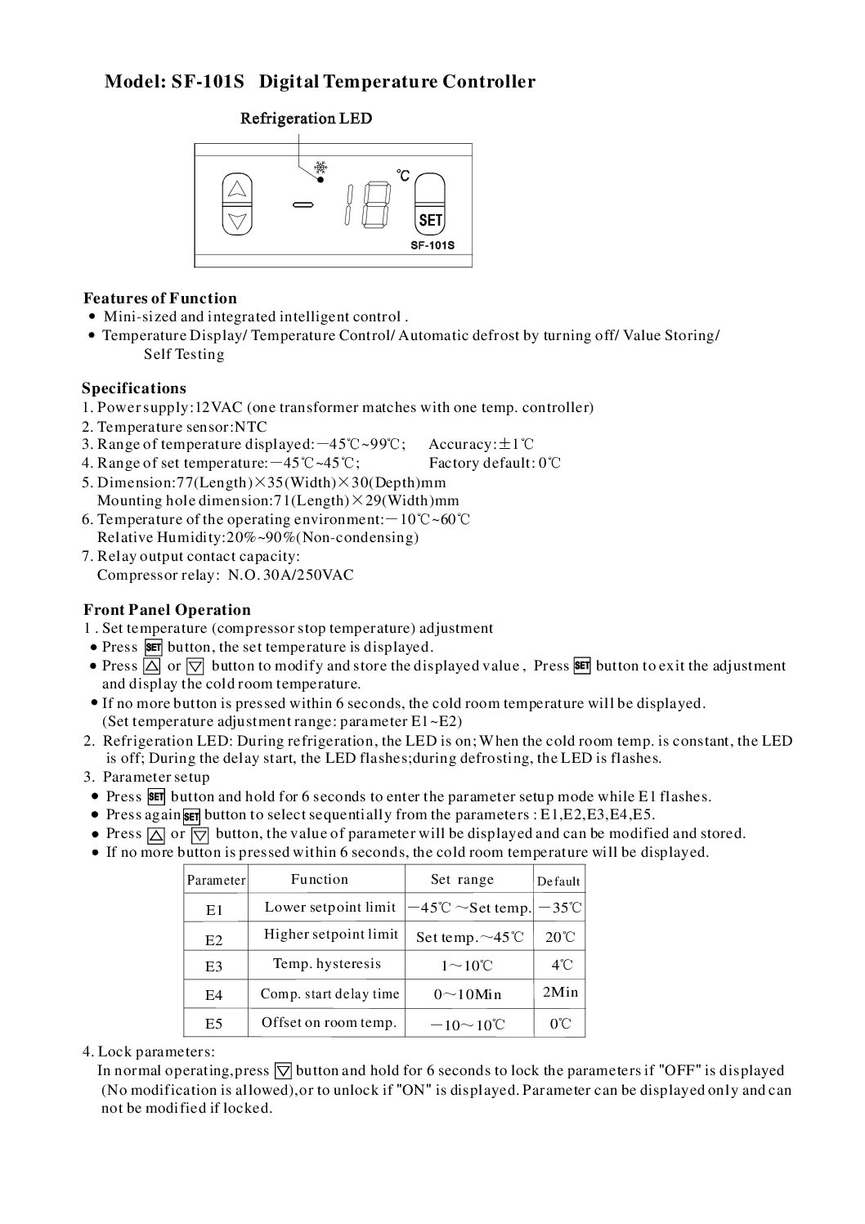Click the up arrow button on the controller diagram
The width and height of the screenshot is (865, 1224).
(x=237, y=189)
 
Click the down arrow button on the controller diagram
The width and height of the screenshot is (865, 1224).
(x=237, y=220)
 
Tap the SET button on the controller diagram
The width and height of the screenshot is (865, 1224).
(x=430, y=220)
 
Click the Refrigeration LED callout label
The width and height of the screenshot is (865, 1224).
(x=306, y=119)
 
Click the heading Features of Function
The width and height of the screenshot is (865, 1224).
(x=160, y=298)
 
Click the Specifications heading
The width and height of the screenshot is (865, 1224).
(x=134, y=388)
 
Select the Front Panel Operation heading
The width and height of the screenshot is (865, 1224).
(x=167, y=610)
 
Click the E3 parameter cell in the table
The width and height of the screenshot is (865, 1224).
(x=214, y=966)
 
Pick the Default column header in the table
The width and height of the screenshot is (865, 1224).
(x=559, y=881)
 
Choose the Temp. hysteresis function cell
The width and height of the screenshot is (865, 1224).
(x=327, y=964)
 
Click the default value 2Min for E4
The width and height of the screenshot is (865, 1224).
(x=560, y=993)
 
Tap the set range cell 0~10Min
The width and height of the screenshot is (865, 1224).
(x=468, y=995)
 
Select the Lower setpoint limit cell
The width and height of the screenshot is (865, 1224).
(x=330, y=907)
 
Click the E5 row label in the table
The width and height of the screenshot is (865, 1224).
(x=214, y=1024)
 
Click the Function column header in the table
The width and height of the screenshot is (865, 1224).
(x=320, y=880)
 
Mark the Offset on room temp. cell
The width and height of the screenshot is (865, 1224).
(x=329, y=1022)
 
